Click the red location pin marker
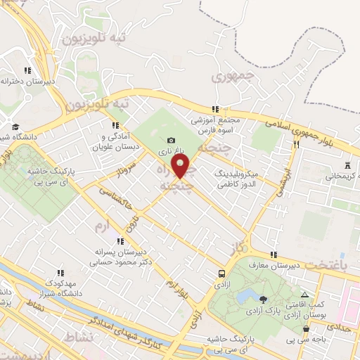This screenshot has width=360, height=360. [181, 167]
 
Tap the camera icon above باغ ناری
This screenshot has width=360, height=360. [172, 141]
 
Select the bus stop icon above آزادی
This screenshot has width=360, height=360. [222, 274]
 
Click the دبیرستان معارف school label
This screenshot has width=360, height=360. [296, 264]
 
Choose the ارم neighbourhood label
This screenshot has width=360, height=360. [103, 226]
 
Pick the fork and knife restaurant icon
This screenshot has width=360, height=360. [296, 145]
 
